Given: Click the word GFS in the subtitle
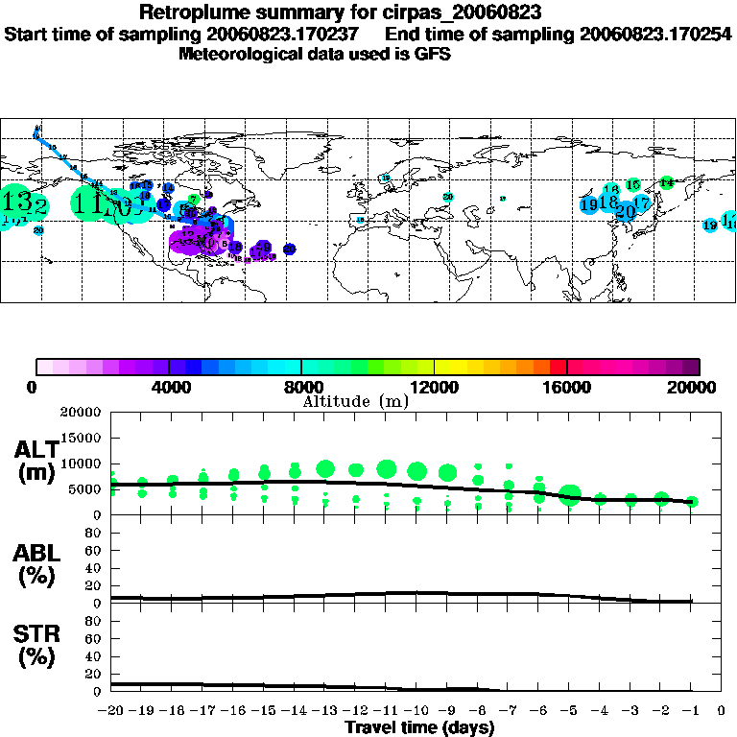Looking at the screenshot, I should pos(434,54).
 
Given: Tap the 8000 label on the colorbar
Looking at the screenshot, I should pos(301,388).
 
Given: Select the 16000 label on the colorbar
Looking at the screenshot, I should pos(568,388).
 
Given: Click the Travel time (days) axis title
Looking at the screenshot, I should pos(419,728).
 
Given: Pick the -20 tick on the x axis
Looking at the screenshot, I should pos(111,712).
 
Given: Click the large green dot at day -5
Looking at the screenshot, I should pos(570,495).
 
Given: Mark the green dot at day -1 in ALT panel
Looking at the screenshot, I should pos(691,502).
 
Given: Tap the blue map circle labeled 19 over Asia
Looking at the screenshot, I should pos(589,204).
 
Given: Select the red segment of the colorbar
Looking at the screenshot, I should pos(559,367).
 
